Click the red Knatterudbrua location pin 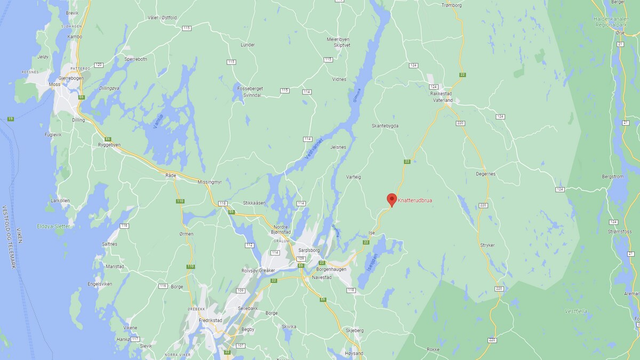tap(391, 199)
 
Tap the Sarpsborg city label tap(309, 250)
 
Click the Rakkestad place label tap(441, 93)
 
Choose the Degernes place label tap(485, 173)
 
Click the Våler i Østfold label tap(162, 18)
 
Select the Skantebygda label tap(385, 126)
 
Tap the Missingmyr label tap(209, 182)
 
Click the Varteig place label tap(354, 177)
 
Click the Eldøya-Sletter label tap(53, 226)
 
